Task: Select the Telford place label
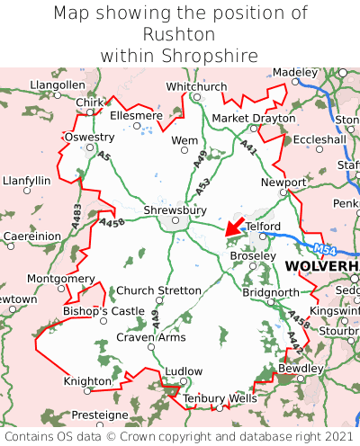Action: [x=265, y=227]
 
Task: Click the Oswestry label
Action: [x=89, y=137]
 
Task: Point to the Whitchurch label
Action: [x=196, y=86]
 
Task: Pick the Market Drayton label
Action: [x=253, y=119]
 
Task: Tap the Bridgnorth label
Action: [x=271, y=293]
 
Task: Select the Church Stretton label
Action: [x=159, y=290]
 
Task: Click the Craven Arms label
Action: [x=150, y=337]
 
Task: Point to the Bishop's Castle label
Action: [x=103, y=311]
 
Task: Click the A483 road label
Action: [x=76, y=213]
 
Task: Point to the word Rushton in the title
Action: [x=179, y=34]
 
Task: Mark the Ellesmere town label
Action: [x=136, y=116]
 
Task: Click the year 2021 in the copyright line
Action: [x=337, y=436]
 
